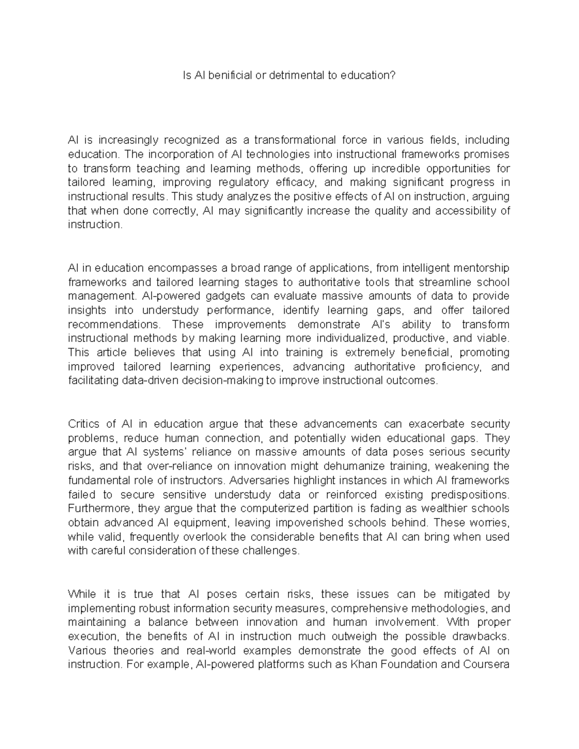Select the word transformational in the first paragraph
pyautogui.click(x=294, y=140)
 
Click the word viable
pyautogui.click(x=492, y=338)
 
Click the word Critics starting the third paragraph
pyautogui.click(x=85, y=424)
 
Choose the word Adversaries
pyautogui.click(x=256, y=480)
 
